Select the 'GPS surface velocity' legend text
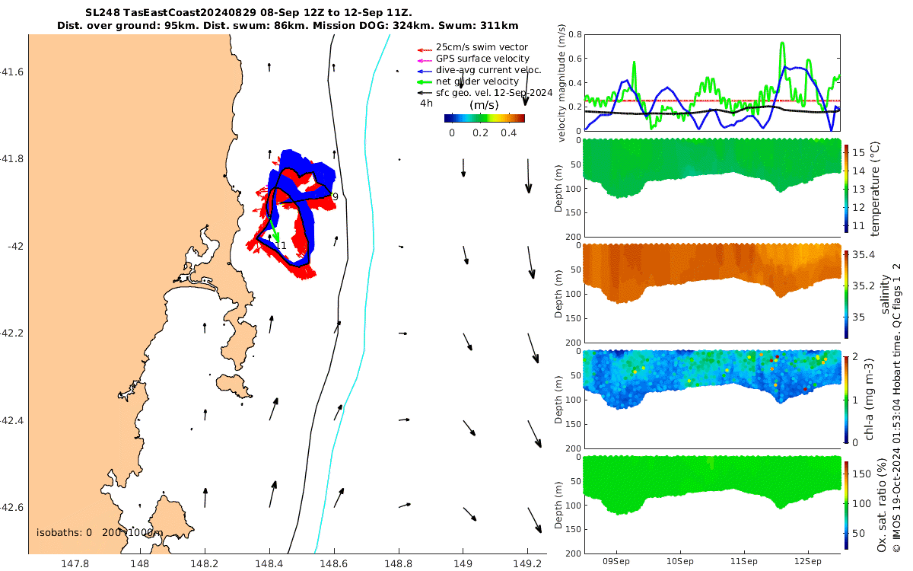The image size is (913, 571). (x=482, y=59)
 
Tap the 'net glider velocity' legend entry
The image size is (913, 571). (x=477, y=81)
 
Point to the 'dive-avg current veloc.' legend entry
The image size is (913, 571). (x=488, y=70)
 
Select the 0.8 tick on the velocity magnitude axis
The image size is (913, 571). (x=573, y=35)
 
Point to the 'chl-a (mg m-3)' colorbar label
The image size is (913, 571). (x=875, y=397)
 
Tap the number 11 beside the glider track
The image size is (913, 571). (x=281, y=246)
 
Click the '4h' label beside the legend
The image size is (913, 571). (x=426, y=103)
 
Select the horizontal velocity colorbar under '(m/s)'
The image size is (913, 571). (x=485, y=118)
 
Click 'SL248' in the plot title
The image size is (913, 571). (x=102, y=13)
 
